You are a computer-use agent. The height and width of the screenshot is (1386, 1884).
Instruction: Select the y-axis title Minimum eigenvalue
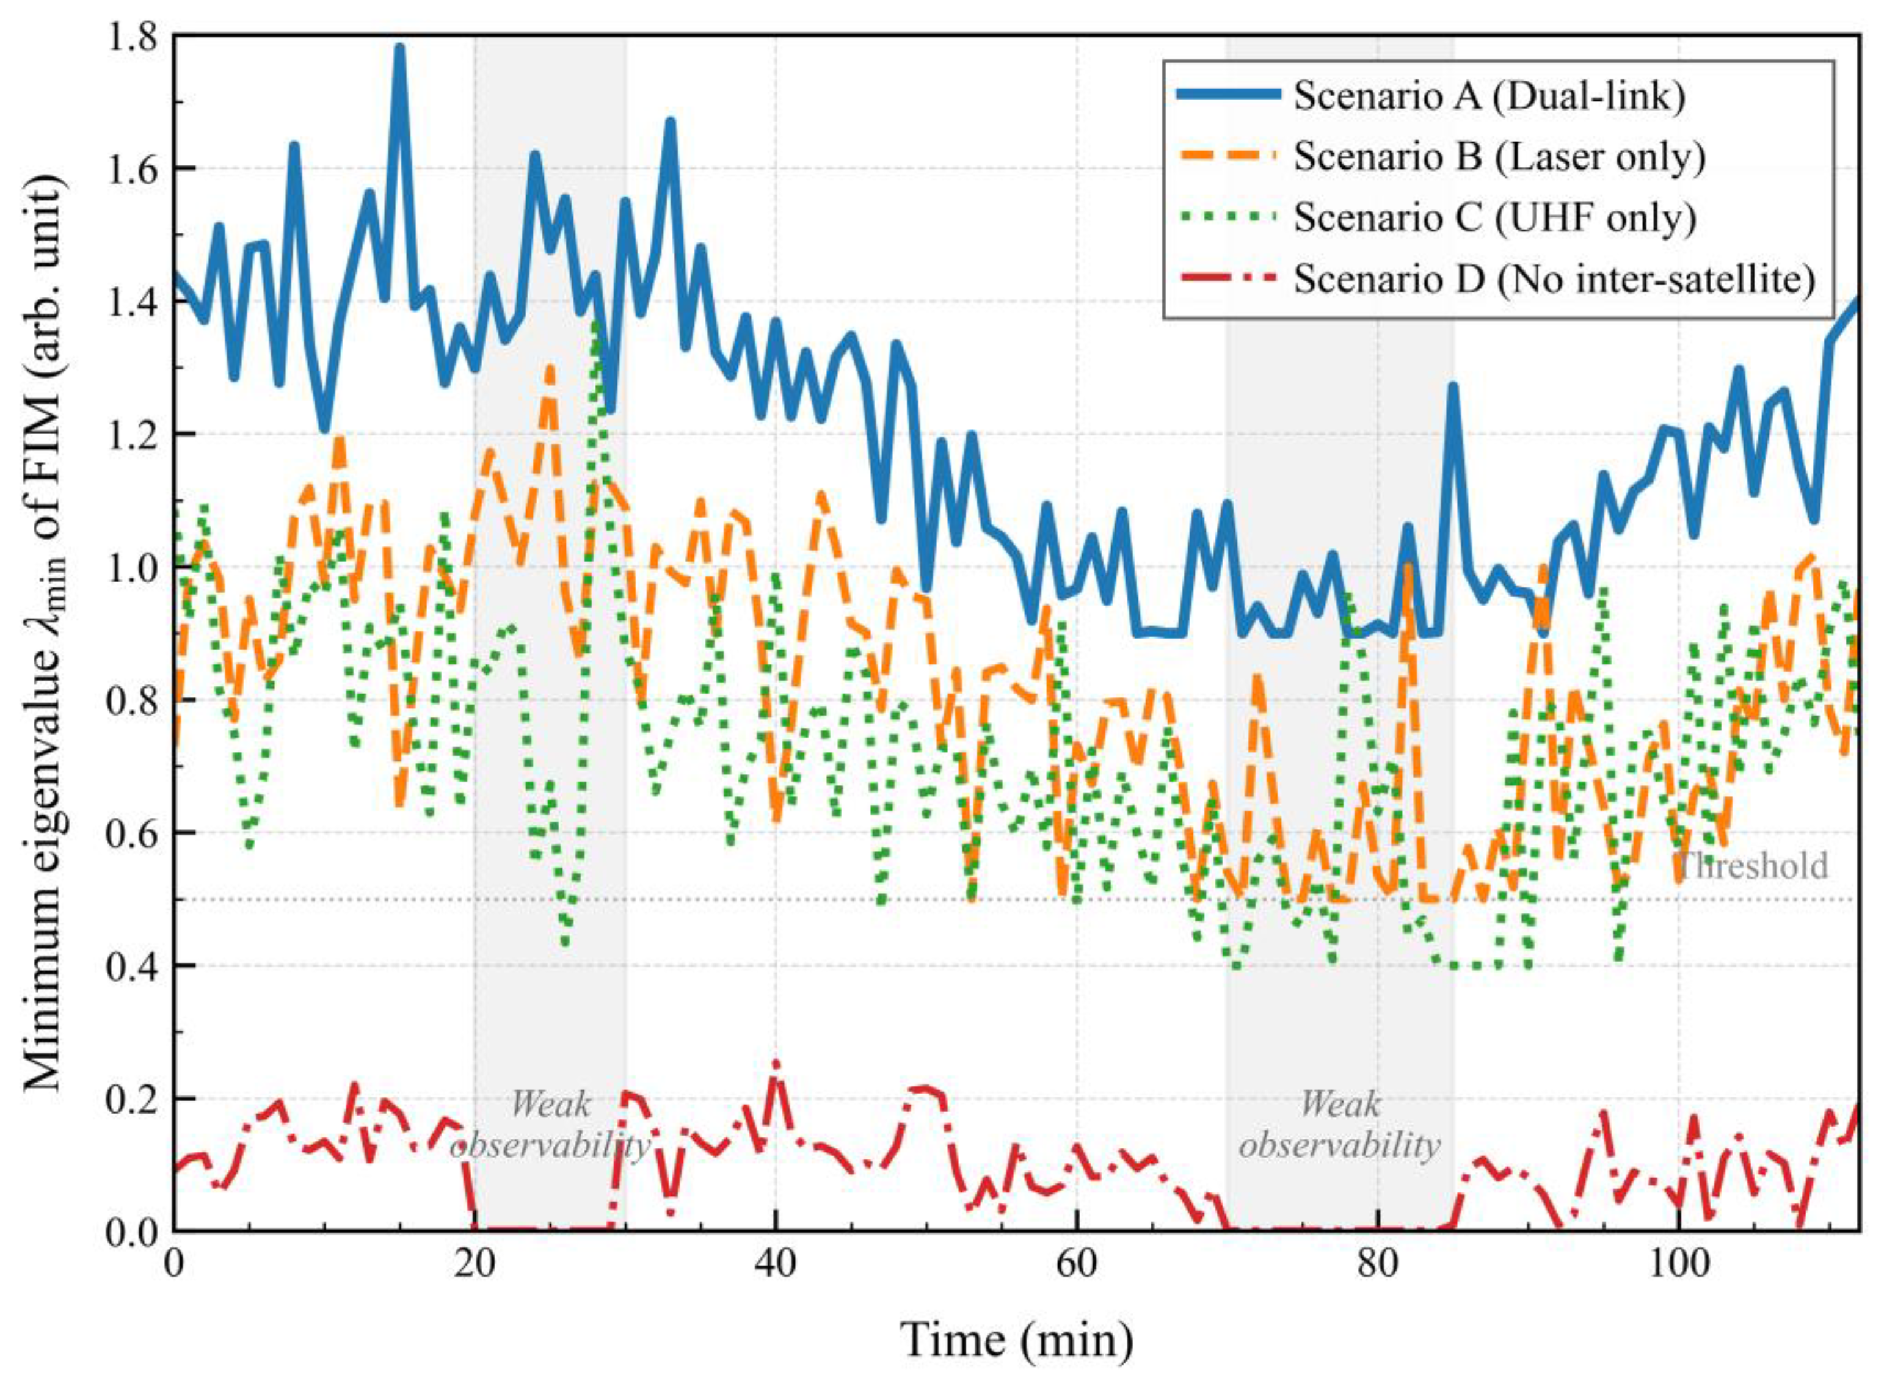coord(46,633)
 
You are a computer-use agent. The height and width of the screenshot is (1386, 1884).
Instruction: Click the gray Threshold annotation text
coord(1751,866)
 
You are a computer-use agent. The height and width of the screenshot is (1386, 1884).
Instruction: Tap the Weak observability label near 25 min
coord(550,1124)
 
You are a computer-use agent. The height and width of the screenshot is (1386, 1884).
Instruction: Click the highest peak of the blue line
coord(399,48)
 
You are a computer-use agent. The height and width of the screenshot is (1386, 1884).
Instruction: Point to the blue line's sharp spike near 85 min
coord(1453,386)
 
